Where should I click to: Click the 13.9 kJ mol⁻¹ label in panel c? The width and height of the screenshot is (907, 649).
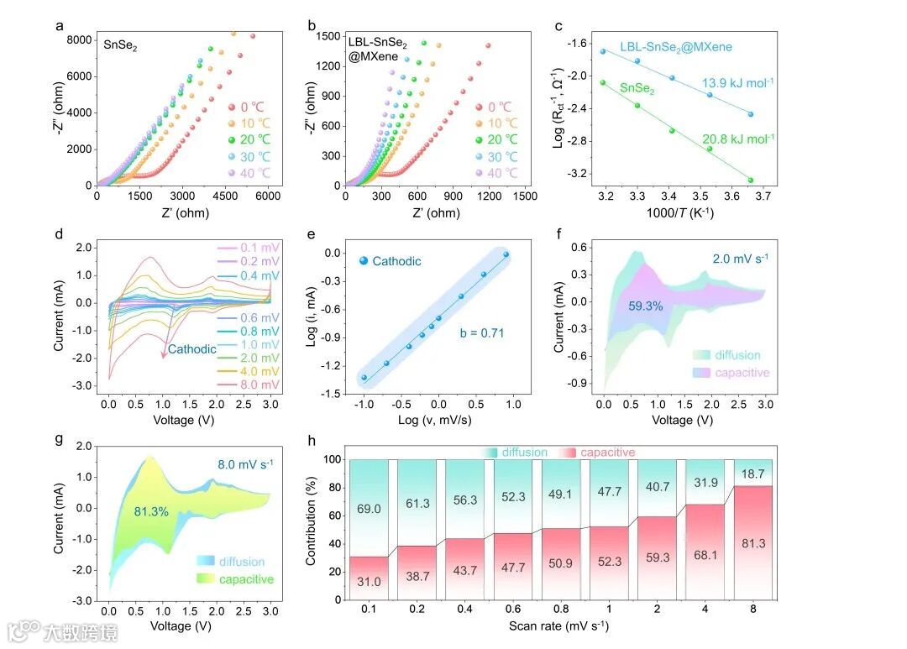[x=737, y=82]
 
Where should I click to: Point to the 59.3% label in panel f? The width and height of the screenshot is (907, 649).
[x=645, y=306]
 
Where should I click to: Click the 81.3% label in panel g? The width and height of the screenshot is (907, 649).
[x=151, y=510]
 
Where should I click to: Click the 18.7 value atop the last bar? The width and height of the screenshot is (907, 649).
[x=753, y=474]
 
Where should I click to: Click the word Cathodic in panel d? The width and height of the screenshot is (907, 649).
[x=192, y=348]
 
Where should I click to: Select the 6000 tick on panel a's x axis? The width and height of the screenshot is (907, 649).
[x=268, y=196]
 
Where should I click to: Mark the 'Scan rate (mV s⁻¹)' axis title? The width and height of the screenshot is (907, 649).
[x=558, y=625]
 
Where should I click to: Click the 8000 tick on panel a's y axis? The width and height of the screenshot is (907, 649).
[x=80, y=39]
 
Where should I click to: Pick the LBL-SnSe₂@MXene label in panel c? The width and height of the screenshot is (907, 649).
[x=676, y=47]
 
